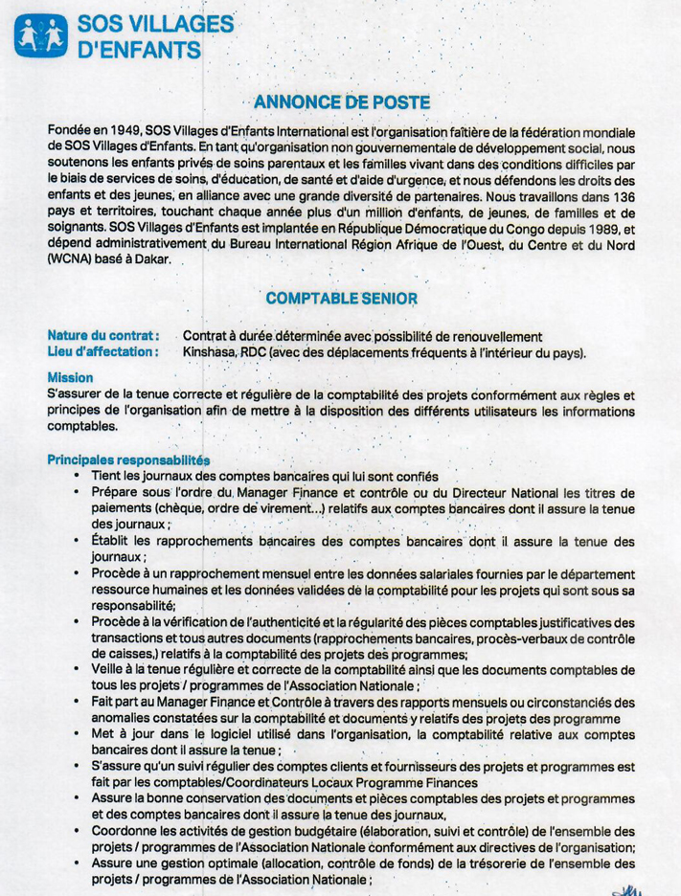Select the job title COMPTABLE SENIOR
point(342,298)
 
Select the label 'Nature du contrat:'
point(102,336)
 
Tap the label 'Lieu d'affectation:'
point(102,351)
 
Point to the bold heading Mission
point(70,377)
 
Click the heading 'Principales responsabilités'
point(128,459)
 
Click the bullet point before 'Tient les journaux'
point(76,476)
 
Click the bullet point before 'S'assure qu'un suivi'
point(76,767)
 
